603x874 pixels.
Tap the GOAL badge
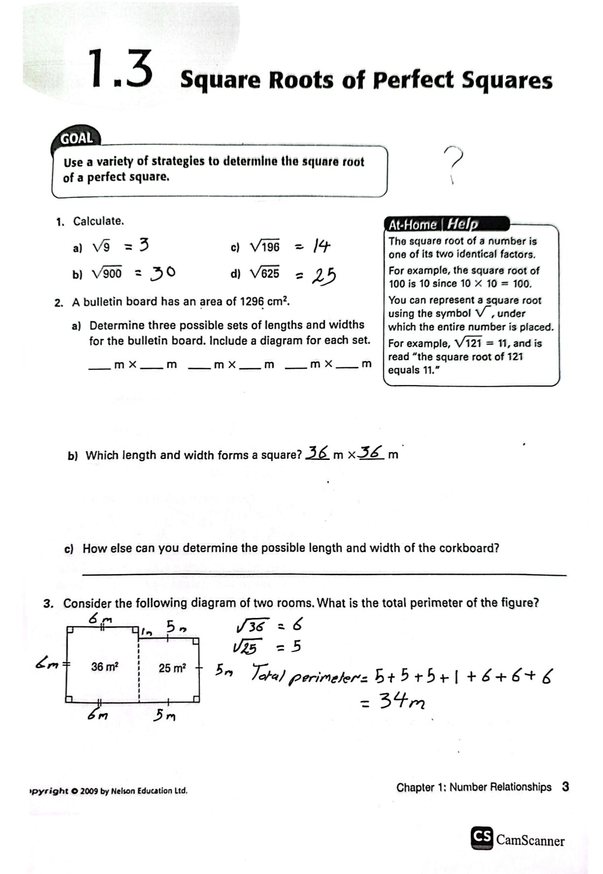point(76,138)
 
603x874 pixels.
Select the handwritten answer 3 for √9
point(143,245)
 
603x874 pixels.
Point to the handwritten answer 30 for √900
point(163,272)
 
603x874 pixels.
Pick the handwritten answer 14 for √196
point(321,246)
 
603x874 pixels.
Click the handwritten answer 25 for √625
point(324,276)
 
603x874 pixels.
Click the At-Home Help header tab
point(434,225)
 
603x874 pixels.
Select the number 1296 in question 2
point(252,301)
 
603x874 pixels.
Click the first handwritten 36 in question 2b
point(318,452)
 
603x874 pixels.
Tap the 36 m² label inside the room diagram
point(104,667)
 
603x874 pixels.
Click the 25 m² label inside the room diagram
point(172,668)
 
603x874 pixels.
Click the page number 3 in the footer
point(565,786)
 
